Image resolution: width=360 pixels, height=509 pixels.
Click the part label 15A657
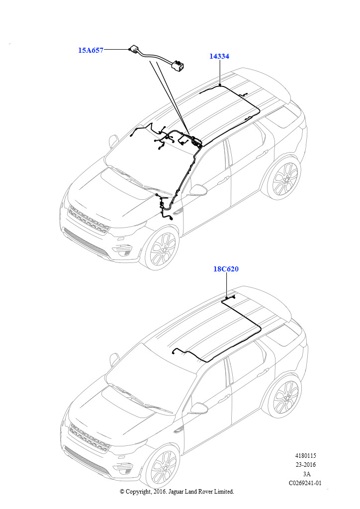[90, 50]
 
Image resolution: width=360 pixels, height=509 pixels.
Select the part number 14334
[219, 56]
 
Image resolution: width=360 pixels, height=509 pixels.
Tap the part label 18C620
[226, 269]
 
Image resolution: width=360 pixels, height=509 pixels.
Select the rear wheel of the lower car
[283, 395]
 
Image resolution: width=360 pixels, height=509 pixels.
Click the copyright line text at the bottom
[177, 492]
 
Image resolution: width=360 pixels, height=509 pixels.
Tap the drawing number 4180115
[305, 456]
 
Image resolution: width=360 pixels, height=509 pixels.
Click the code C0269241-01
[305, 483]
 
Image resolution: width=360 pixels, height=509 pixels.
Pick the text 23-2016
[305, 465]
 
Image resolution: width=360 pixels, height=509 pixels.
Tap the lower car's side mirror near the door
[198, 409]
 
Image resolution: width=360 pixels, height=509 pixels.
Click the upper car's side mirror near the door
[198, 190]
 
